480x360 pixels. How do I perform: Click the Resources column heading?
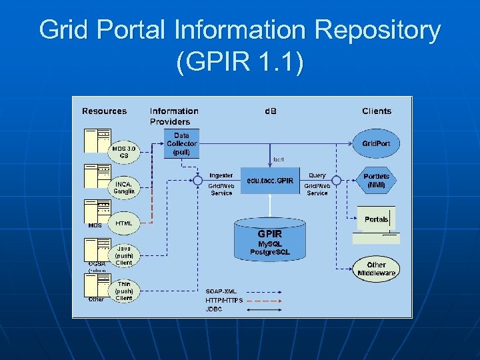(104, 111)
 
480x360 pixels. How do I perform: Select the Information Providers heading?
(174, 116)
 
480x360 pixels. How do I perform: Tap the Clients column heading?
(377, 111)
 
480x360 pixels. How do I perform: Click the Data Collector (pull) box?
(181, 143)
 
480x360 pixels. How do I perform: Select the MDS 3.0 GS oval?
(125, 152)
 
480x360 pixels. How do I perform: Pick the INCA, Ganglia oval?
(124, 187)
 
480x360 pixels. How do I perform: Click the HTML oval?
(124, 223)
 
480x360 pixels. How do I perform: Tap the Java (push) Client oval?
(124, 255)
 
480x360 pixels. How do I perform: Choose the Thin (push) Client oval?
(124, 291)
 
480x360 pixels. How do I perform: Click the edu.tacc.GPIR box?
(270, 181)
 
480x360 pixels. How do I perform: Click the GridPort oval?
(376, 144)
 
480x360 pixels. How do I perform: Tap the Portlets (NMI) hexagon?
(376, 181)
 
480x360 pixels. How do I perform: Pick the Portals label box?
(376, 219)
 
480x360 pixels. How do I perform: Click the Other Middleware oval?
(376, 269)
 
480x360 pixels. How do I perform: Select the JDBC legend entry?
(214, 309)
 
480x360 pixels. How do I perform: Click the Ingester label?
(221, 175)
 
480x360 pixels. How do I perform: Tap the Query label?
(317, 175)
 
